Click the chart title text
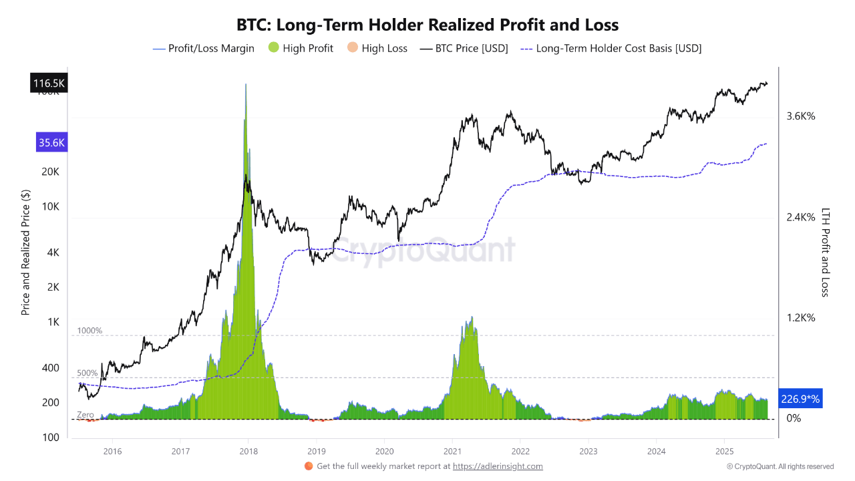coord(427,25)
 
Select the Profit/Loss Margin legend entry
coord(204,48)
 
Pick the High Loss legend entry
coord(377,48)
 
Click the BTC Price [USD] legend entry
coord(464,48)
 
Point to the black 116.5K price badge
coord(49,84)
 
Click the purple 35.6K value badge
coord(52,142)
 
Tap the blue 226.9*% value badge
coord(800,399)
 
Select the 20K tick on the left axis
coord(50,172)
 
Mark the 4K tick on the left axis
coord(53,253)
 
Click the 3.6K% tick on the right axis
coord(801,116)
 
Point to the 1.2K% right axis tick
coord(801,318)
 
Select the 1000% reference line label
coord(90,331)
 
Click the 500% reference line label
coord(88,373)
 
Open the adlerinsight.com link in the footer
coord(498,466)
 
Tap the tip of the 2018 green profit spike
coord(246,85)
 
